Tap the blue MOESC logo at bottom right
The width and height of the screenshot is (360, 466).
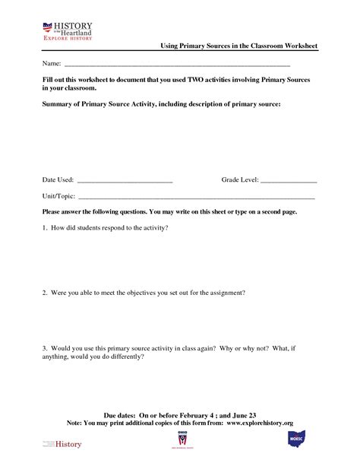pos(296,441)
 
